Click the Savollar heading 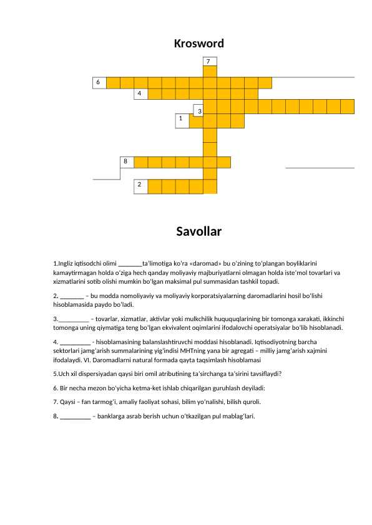(198, 233)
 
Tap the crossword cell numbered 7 (210, 61)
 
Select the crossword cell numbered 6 (99, 82)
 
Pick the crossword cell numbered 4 (140, 94)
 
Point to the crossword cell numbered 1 (182, 119)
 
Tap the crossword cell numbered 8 (127, 162)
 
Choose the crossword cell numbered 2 (140, 185)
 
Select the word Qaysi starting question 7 (68, 402)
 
